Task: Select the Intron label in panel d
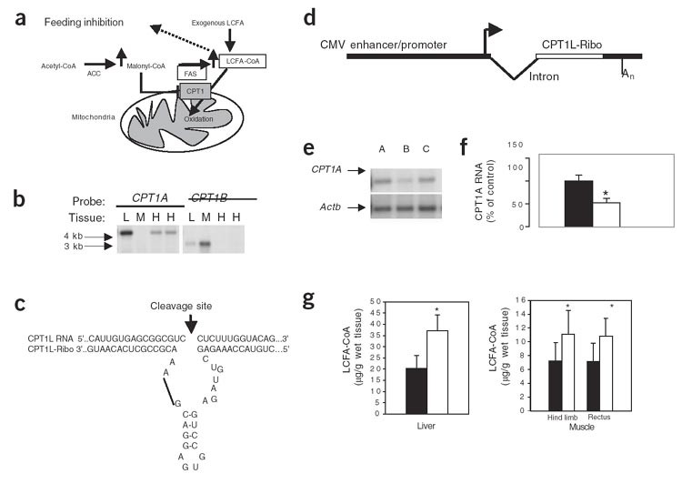(547, 90)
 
